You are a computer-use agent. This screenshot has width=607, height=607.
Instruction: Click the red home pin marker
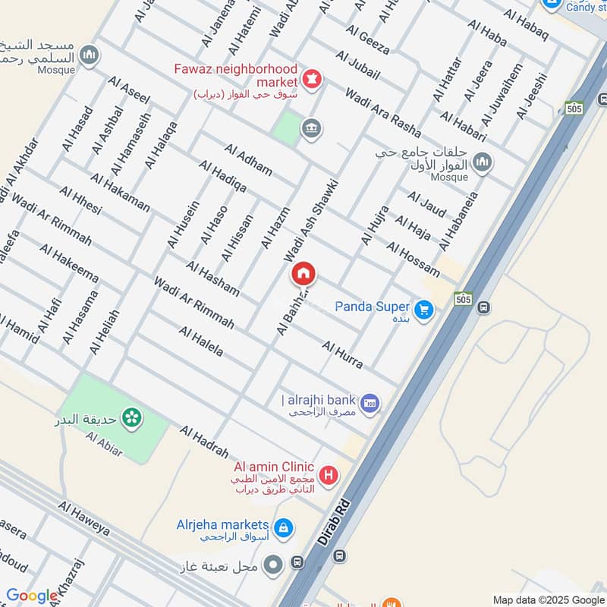point(303,273)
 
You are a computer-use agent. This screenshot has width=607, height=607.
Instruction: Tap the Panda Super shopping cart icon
point(423,309)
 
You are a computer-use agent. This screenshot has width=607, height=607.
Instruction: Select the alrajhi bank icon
point(370,401)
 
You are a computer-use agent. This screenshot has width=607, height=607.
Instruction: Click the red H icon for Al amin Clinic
point(329,476)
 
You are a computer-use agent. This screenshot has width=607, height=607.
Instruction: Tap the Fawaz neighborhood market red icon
point(311,77)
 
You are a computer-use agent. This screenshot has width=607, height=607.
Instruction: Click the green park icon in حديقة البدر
point(132,417)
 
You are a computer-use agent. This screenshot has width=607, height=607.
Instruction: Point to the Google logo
point(31,596)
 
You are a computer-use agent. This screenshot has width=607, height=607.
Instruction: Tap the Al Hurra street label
point(341,355)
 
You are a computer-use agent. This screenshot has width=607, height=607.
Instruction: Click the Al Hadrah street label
point(203,441)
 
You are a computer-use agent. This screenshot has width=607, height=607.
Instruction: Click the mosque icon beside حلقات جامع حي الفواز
point(483,162)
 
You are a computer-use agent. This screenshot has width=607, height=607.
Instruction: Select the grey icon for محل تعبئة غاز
point(274,565)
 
